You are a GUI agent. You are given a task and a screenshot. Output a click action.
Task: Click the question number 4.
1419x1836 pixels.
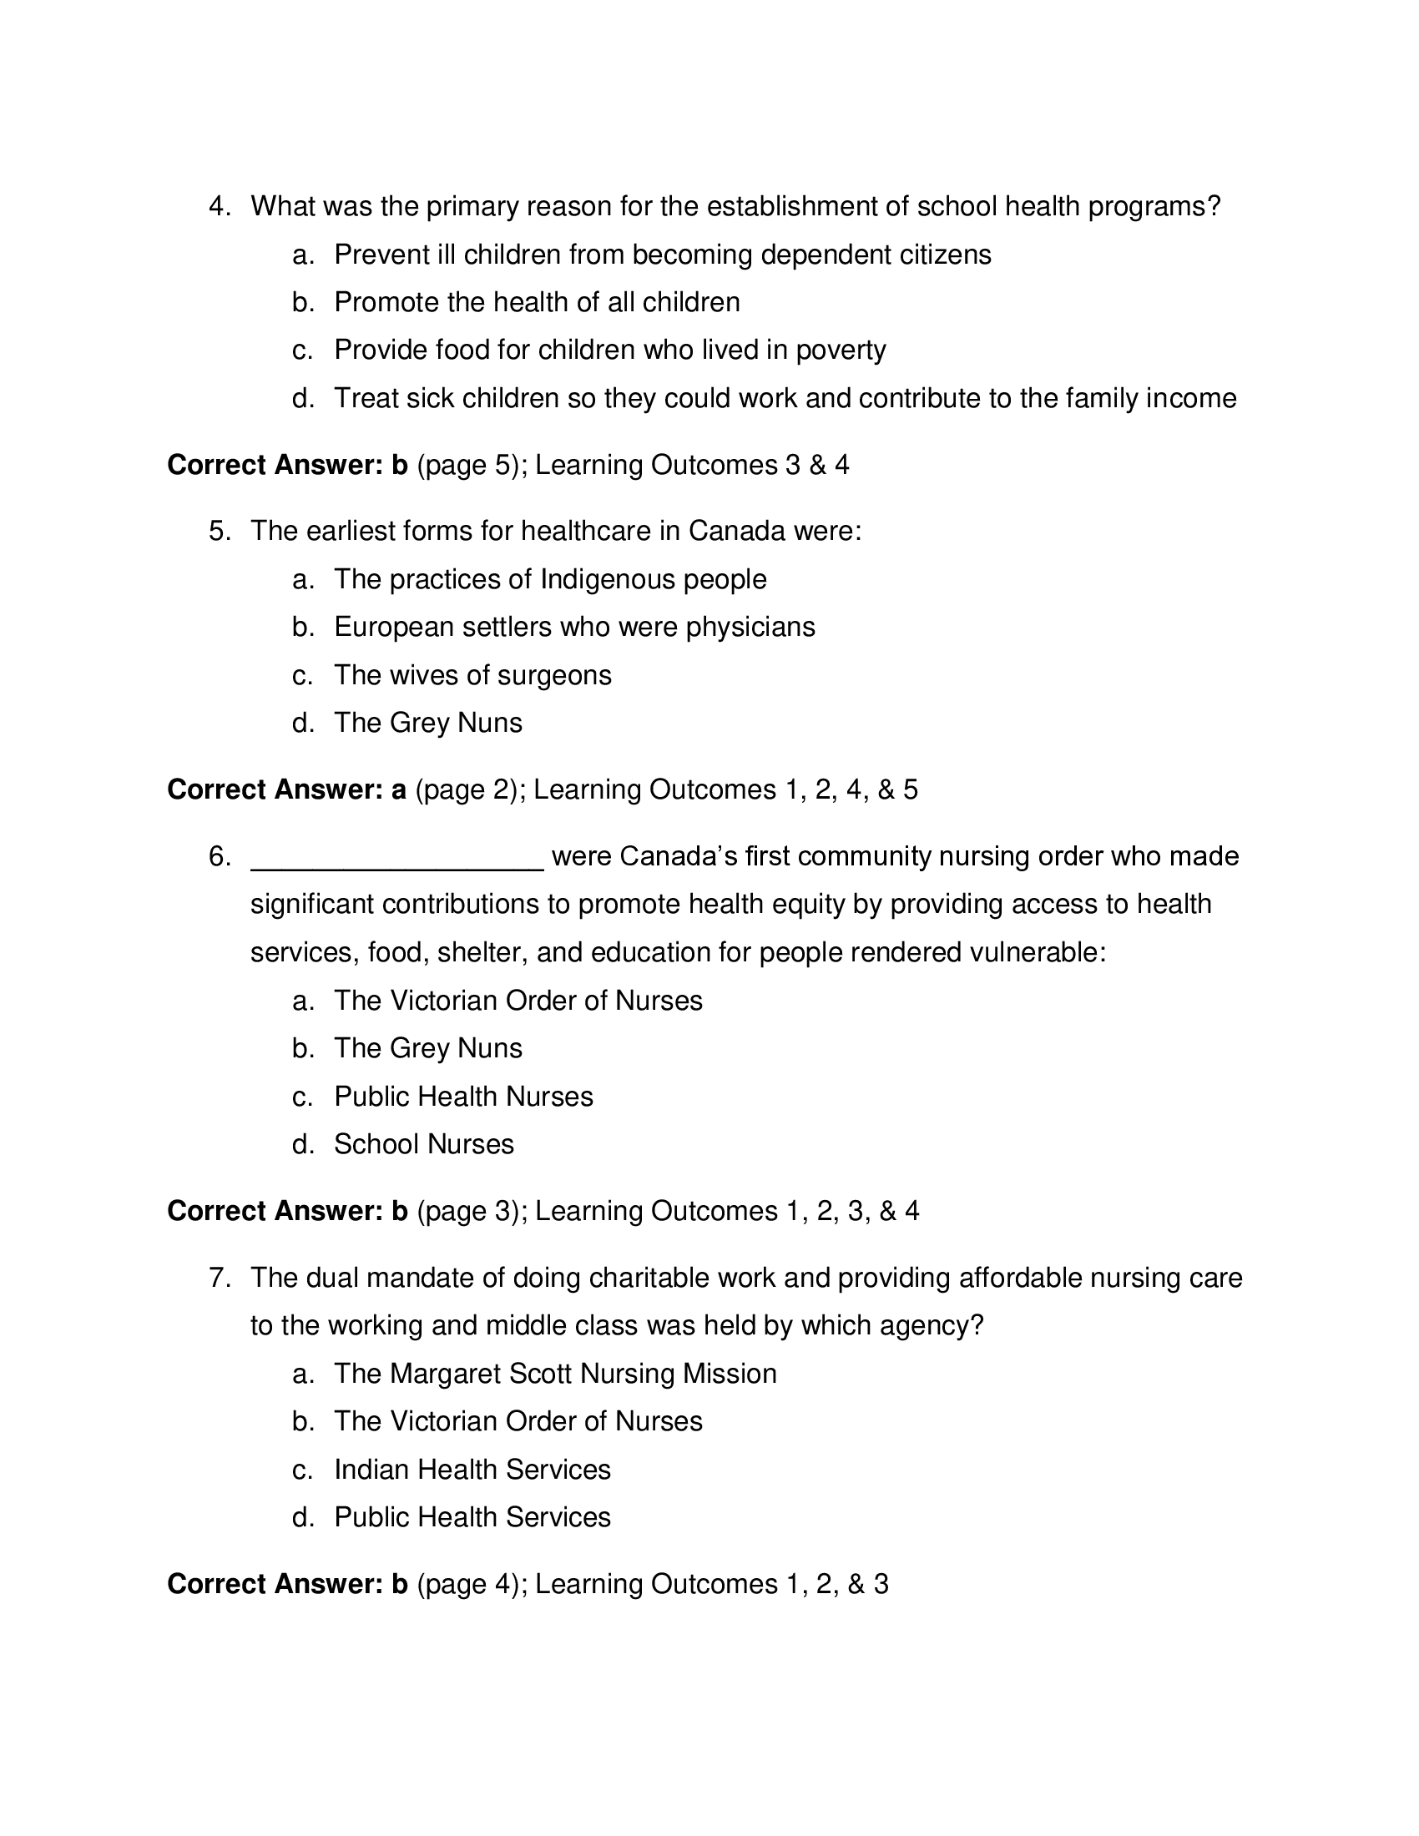click(x=219, y=207)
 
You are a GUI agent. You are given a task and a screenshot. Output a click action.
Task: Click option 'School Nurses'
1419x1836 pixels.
click(x=424, y=1145)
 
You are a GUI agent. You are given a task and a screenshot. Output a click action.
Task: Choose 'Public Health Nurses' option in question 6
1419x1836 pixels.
click(x=463, y=1097)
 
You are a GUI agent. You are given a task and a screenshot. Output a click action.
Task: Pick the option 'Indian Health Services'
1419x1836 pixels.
click(x=472, y=1470)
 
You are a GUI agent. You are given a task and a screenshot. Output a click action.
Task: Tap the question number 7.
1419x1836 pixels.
click(x=219, y=1279)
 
